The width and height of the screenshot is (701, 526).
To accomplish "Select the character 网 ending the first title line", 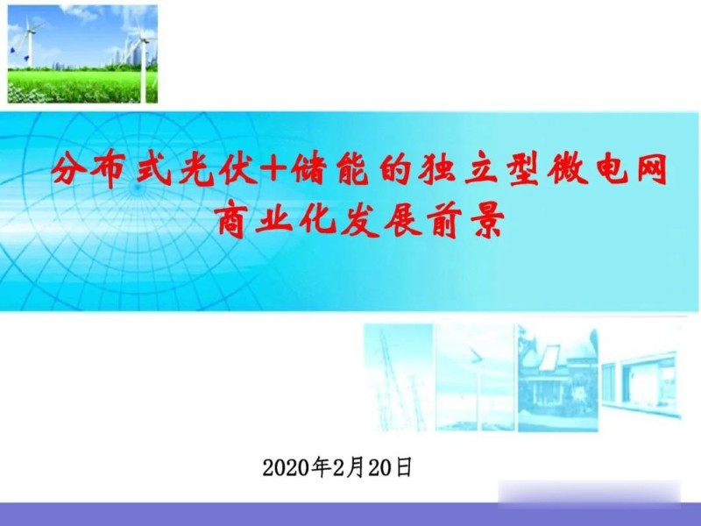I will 646,168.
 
